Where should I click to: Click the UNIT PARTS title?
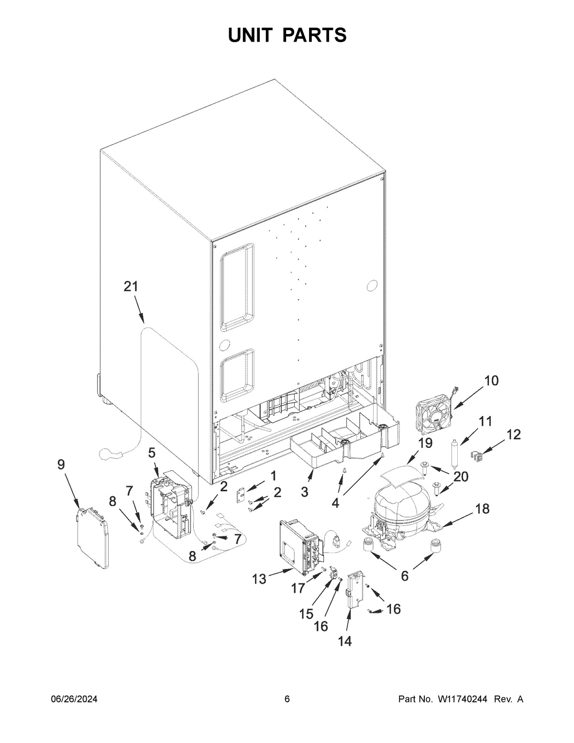pyautogui.click(x=287, y=35)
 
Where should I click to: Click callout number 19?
pyautogui.click(x=425, y=444)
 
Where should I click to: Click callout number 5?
pyautogui.click(x=152, y=452)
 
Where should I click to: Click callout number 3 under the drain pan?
pyautogui.click(x=305, y=491)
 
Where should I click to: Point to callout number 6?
pyautogui.click(x=405, y=576)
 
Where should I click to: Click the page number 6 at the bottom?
pyautogui.click(x=287, y=699)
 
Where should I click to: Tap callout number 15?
pyautogui.click(x=307, y=614)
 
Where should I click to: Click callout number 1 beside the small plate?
pyautogui.click(x=273, y=476)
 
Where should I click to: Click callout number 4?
pyautogui.click(x=335, y=503)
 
